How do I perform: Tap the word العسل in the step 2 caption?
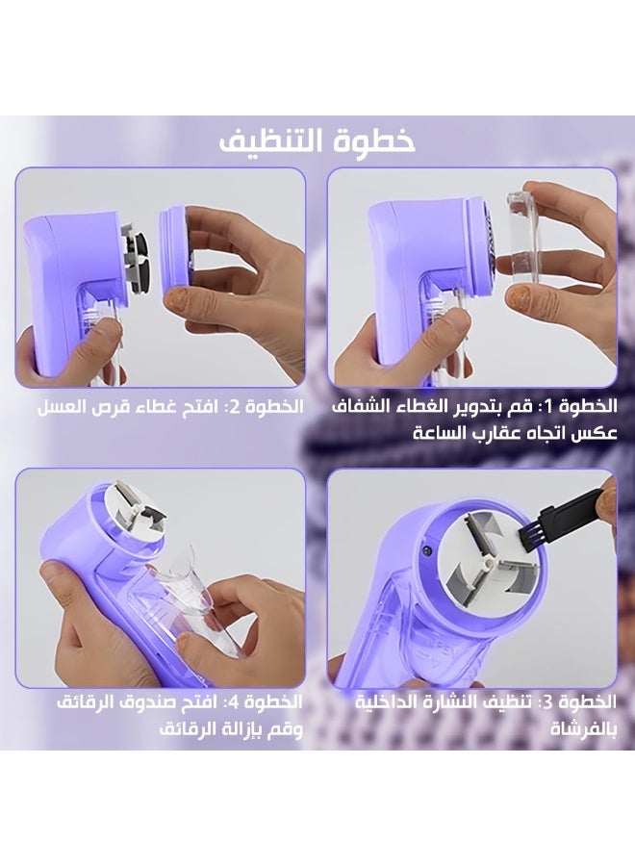(x=61, y=407)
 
